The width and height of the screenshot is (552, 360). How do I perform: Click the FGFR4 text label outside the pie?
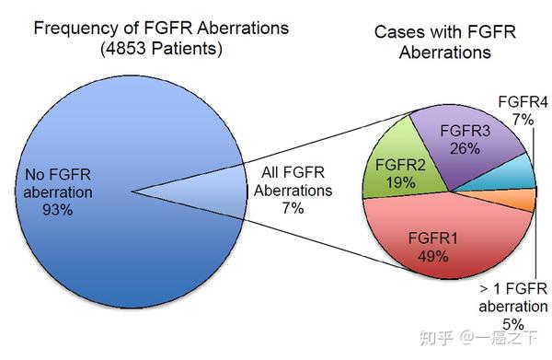pos(521,102)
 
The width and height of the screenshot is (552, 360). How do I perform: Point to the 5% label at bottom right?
pos(513,323)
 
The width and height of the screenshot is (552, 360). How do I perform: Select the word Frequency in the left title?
pos(73,28)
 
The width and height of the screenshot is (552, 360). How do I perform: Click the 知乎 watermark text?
pos(436,338)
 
